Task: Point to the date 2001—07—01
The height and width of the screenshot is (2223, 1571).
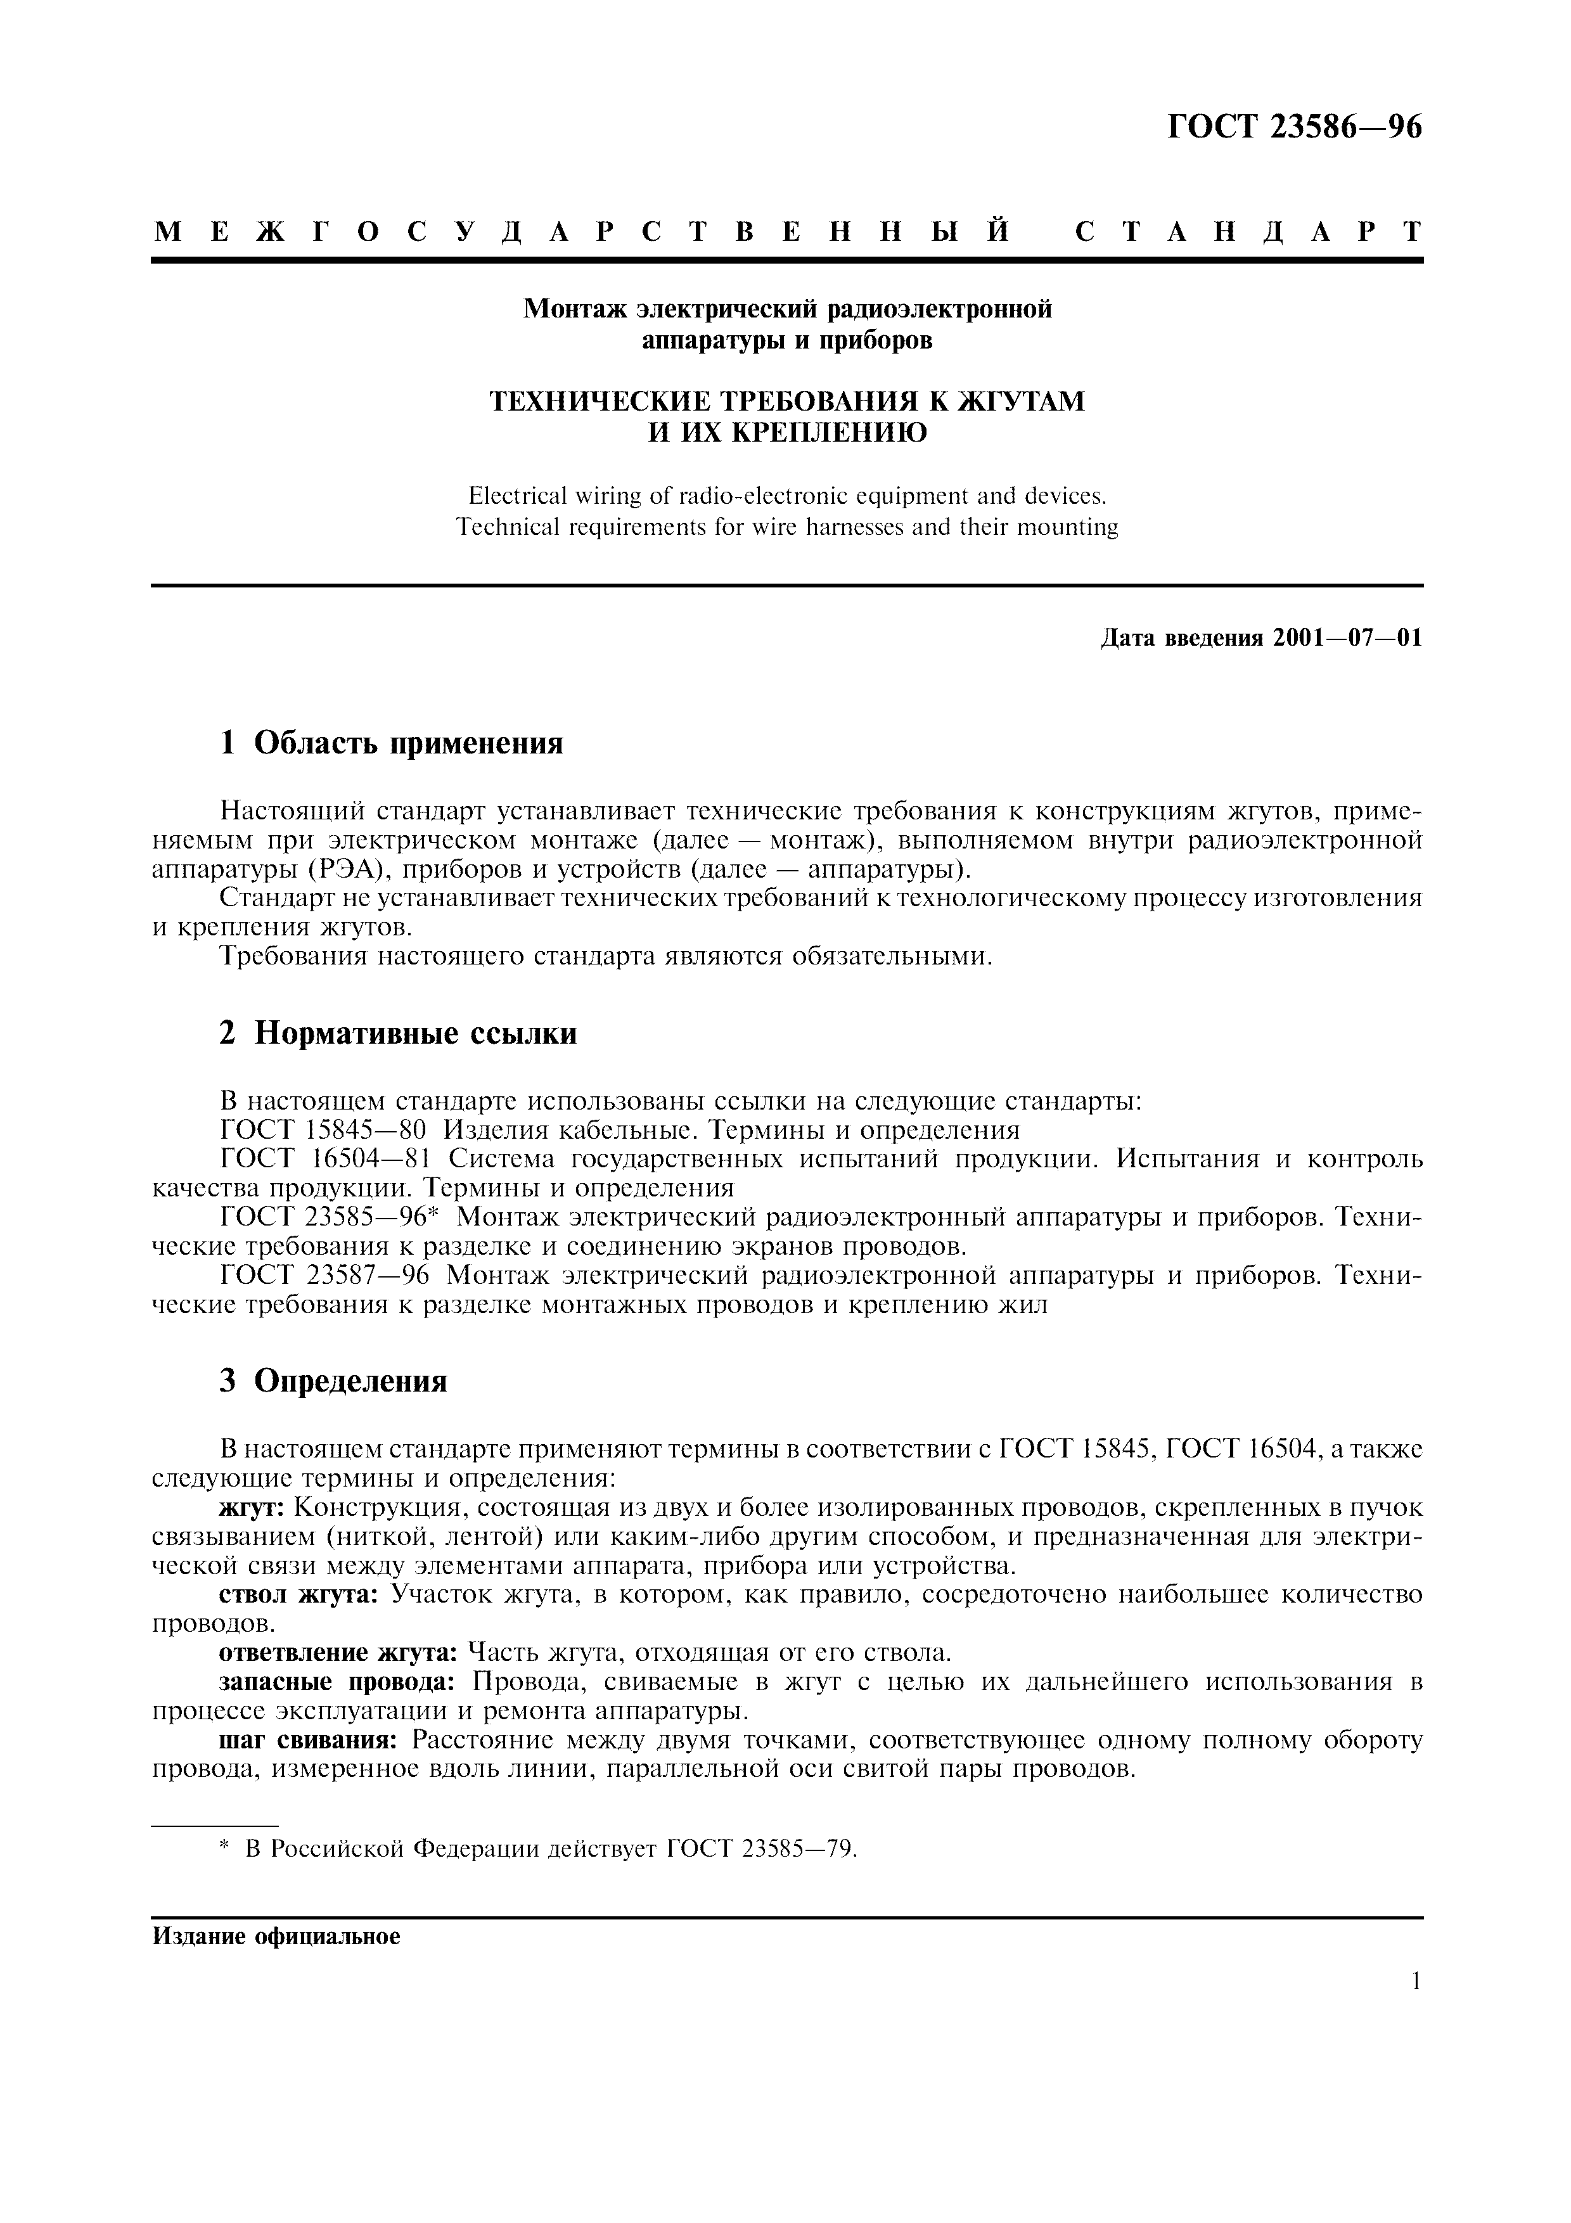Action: click(1347, 638)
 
